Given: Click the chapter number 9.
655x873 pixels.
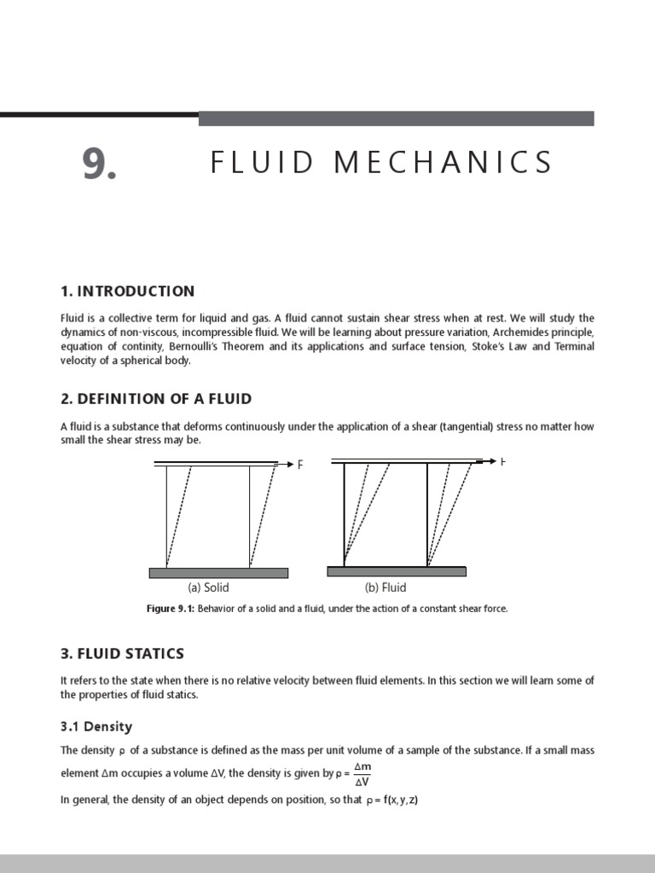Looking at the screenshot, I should click(x=99, y=163).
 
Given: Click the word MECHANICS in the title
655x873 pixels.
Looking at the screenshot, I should click(x=443, y=162).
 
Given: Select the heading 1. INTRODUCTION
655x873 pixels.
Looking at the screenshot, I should click(x=127, y=292).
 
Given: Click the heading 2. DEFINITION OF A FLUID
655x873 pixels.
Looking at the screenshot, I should click(x=156, y=399).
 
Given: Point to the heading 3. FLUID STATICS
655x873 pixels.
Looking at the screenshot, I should click(x=122, y=654).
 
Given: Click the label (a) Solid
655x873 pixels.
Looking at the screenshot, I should click(x=208, y=587).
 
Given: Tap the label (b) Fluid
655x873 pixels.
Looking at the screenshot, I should click(x=385, y=587).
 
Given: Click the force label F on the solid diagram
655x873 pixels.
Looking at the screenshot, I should click(x=300, y=465).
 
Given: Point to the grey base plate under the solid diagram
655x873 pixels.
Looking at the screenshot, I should click(x=218, y=573).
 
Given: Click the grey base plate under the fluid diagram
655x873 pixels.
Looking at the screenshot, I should click(x=397, y=571).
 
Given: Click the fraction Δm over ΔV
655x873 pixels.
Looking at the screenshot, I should click(x=362, y=774).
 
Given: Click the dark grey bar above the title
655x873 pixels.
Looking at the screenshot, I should click(x=396, y=119).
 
